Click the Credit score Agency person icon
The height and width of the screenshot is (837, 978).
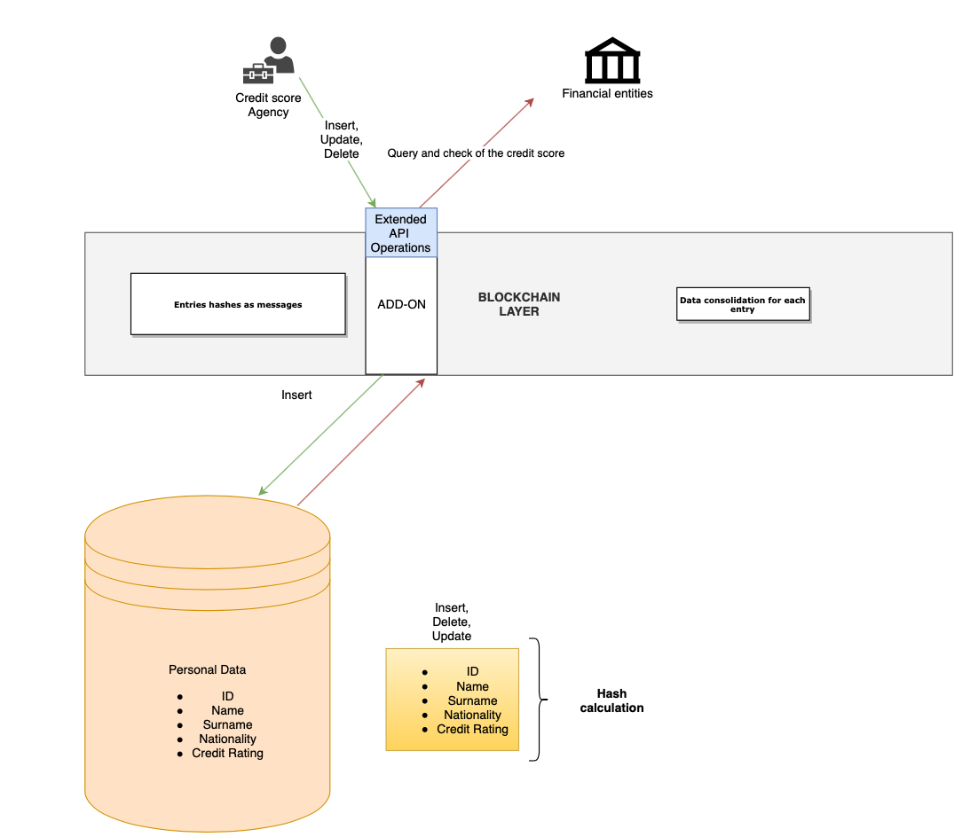pos(269,60)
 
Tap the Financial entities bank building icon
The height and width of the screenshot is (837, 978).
pos(611,60)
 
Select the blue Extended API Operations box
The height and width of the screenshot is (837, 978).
pos(401,233)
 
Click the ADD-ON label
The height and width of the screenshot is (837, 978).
pos(401,304)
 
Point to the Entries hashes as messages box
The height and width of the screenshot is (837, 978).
pos(238,304)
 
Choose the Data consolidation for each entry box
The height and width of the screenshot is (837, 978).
pos(743,304)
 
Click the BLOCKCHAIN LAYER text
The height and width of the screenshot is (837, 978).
pos(519,304)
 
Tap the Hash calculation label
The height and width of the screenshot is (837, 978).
pos(611,700)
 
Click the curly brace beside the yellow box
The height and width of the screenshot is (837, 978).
pos(536,700)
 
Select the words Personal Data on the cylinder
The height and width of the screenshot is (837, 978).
pos(208,669)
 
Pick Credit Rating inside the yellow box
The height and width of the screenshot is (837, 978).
pos(472,729)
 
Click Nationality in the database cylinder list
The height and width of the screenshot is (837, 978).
pos(227,739)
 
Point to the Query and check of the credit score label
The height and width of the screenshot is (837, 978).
pos(476,153)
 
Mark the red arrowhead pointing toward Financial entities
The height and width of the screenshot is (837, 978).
pos(530,101)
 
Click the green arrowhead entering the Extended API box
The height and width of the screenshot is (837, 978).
pos(373,203)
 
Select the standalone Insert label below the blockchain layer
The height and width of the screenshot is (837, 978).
pos(296,395)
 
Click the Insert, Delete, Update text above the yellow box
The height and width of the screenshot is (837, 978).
pos(452,622)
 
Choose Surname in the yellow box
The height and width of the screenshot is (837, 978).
pos(472,700)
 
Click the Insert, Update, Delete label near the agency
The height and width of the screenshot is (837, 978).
pos(342,139)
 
